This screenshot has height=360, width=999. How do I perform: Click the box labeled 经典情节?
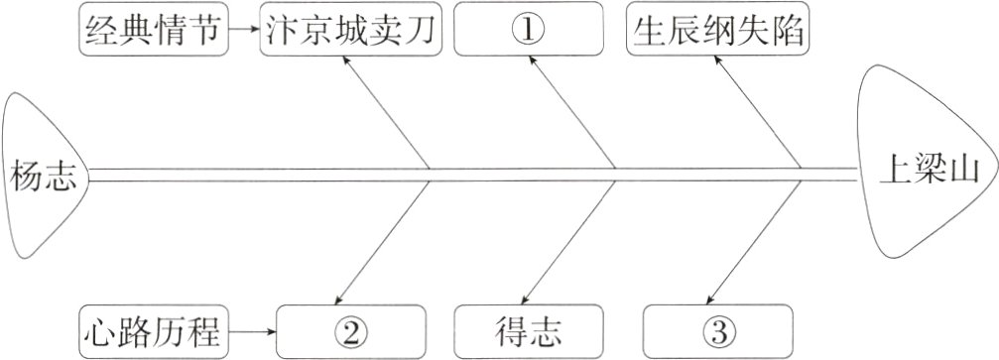[x=152, y=30]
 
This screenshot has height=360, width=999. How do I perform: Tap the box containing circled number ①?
[x=527, y=30]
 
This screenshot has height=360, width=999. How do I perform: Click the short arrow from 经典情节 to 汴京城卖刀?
[x=244, y=30]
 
